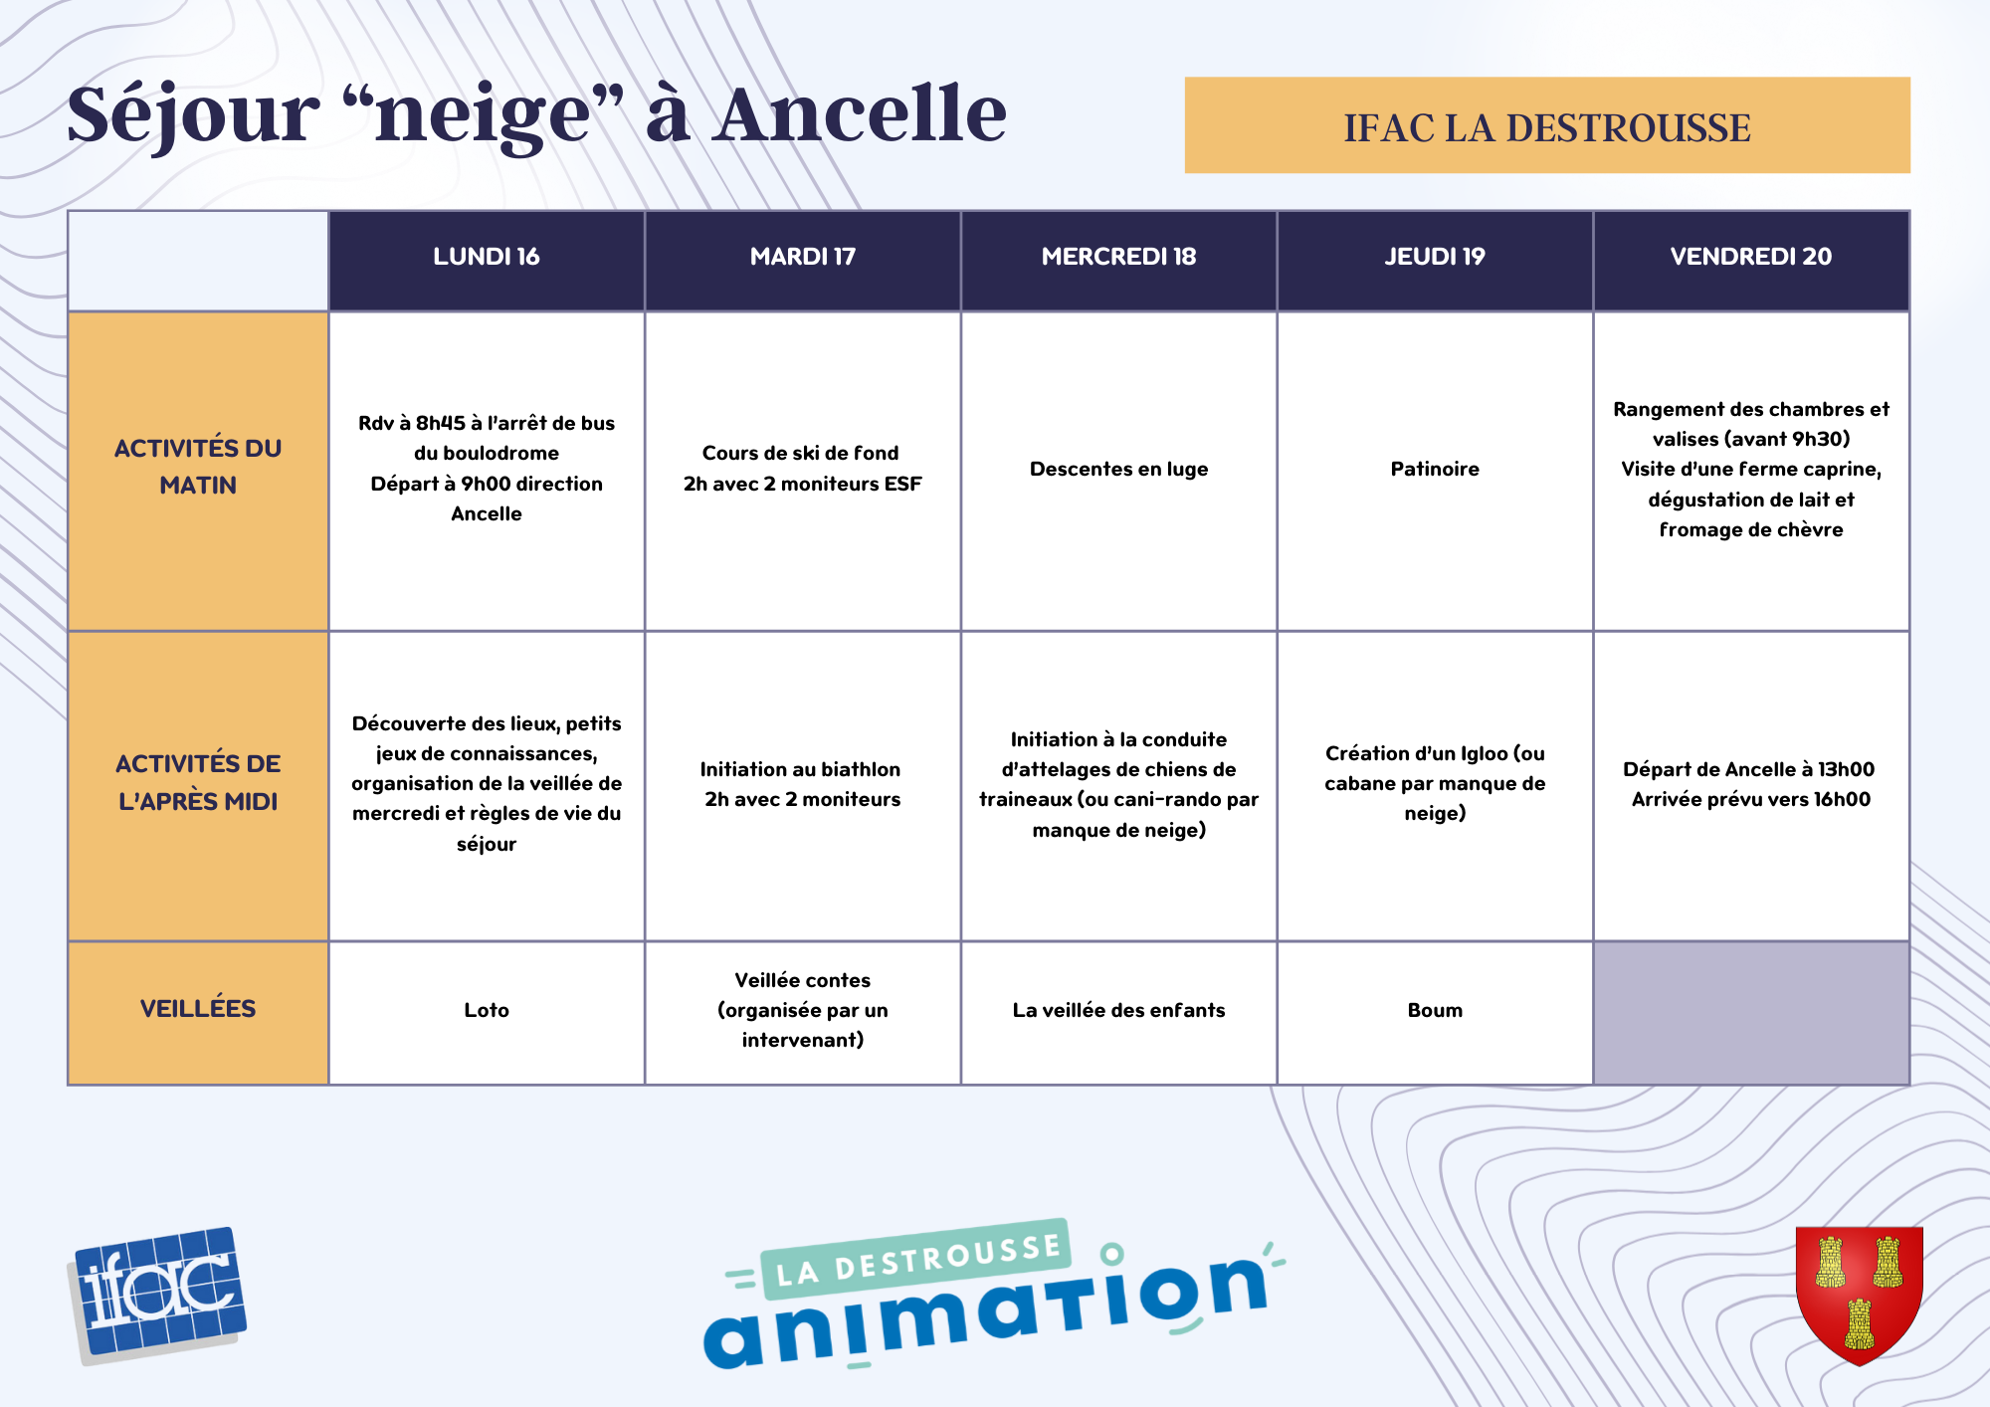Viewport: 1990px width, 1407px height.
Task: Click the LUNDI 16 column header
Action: point(487,257)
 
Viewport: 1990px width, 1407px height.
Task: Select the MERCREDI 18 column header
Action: point(1118,257)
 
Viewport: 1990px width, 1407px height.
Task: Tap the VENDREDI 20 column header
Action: point(1751,257)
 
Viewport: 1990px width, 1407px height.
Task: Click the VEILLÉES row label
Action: point(198,1009)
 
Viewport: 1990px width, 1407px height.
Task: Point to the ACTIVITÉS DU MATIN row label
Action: point(198,467)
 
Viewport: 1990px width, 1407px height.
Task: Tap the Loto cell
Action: point(487,1010)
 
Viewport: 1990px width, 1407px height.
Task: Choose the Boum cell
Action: point(1435,1010)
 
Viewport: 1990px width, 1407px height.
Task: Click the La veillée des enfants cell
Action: point(1118,1010)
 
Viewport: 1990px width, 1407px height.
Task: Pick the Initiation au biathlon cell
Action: point(802,784)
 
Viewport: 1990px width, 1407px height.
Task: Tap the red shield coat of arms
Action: point(1859,1294)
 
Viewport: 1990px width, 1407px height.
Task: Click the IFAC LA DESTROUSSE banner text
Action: point(1547,127)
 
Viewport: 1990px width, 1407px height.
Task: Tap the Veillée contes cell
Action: point(802,1010)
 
